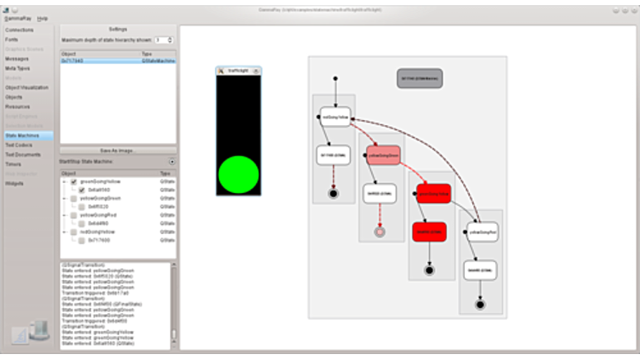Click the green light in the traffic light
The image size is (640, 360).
click(x=238, y=174)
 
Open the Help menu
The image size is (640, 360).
click(x=43, y=18)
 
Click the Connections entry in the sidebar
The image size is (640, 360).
click(x=20, y=30)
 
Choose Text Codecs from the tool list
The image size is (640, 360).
click(x=19, y=145)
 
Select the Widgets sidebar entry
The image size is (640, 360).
click(x=14, y=183)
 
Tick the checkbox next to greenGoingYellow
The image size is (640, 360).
click(x=74, y=182)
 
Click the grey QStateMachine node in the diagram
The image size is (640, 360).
click(x=420, y=79)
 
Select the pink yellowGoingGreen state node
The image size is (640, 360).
click(x=384, y=155)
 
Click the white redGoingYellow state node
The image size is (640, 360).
click(x=334, y=117)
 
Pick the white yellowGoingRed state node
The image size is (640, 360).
click(x=481, y=231)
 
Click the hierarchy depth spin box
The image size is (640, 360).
click(x=163, y=40)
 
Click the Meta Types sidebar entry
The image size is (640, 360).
click(x=16, y=68)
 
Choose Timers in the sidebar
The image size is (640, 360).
click(x=14, y=164)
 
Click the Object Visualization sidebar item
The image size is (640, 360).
click(x=26, y=88)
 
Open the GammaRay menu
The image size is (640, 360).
click(x=17, y=18)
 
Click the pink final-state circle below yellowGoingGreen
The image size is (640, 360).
click(x=380, y=231)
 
